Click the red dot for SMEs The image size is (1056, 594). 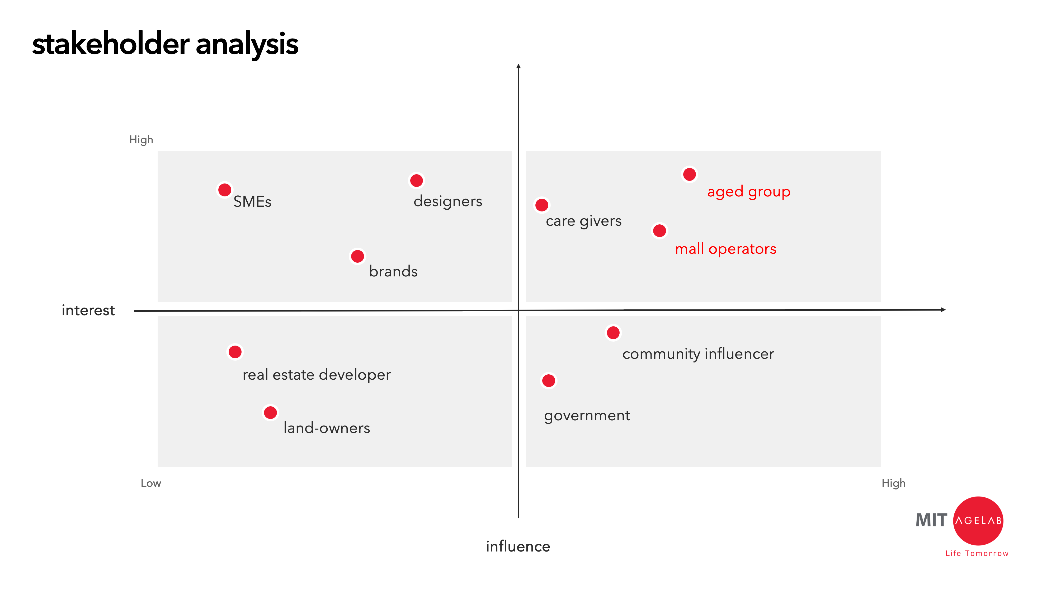[x=225, y=190]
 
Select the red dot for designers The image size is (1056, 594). [x=417, y=180]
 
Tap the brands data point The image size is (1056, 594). [x=357, y=256]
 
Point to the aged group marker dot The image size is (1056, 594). [x=690, y=174]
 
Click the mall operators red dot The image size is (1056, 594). [x=659, y=230]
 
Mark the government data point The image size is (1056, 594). [x=549, y=380]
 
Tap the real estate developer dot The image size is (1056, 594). [x=235, y=352]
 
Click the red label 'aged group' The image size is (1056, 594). [x=748, y=192]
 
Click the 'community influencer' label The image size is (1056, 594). [x=698, y=354]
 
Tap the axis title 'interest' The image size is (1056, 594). [x=88, y=310]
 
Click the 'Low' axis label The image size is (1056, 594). [x=151, y=483]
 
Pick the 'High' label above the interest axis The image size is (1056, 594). [x=141, y=140]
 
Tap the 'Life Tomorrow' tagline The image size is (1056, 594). [x=977, y=553]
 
